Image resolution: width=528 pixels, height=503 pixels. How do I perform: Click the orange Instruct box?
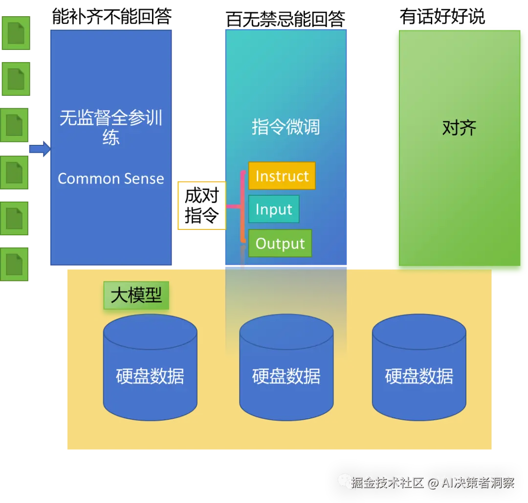coord(282,176)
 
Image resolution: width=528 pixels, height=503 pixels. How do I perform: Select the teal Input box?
coord(273,209)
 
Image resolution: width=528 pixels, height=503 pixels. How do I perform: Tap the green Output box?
coord(280,243)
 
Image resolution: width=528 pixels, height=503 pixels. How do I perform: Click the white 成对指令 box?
coord(201,205)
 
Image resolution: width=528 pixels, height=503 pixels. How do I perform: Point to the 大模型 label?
coord(136,295)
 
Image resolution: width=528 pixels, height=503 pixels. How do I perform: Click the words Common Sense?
coord(111,179)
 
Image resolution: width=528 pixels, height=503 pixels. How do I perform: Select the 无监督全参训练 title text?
coord(111,127)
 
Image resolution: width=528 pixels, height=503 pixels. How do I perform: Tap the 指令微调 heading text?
coord(286,127)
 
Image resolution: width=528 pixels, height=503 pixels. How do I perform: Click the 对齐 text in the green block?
coord(459,128)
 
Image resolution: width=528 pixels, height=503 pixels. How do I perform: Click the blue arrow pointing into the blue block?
coord(40,149)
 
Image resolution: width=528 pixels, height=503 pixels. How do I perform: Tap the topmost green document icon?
coord(16,33)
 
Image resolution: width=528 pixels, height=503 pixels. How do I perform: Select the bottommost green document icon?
coord(16,264)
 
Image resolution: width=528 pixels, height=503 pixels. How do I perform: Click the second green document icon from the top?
coord(16,79)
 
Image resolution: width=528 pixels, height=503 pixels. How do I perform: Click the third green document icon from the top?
coord(16,125)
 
